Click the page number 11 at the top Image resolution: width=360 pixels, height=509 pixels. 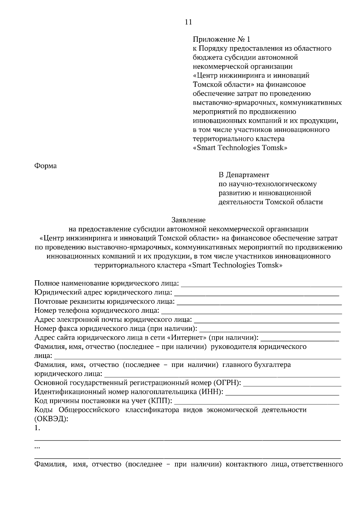pyautogui.click(x=188, y=22)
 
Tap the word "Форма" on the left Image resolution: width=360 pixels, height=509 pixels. pyautogui.click(x=46, y=166)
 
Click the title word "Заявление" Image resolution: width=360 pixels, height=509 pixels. pyautogui.click(x=188, y=220)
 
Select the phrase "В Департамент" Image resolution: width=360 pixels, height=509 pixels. pyautogui.click(x=244, y=175)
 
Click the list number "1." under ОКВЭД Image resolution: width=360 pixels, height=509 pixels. pyautogui.click(x=37, y=428)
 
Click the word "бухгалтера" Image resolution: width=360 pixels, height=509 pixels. pyautogui.click(x=272, y=365)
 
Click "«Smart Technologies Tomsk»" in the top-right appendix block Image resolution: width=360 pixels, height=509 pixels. pyautogui.click(x=240, y=148)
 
